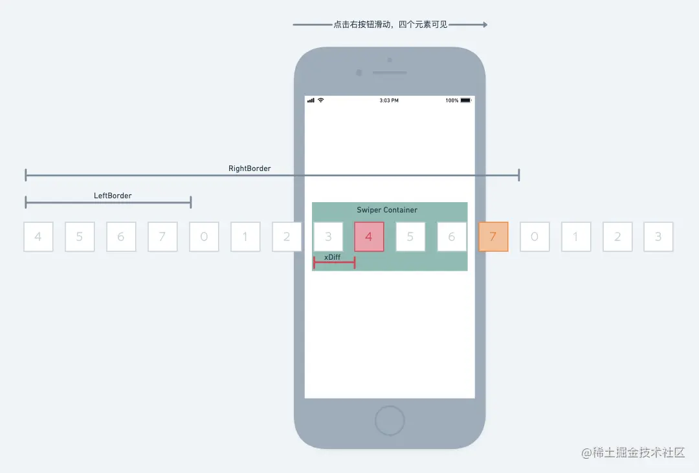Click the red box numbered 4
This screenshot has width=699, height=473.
369,236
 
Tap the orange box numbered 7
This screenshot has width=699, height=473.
493,236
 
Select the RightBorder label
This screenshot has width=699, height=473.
249,168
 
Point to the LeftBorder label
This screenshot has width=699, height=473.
113,196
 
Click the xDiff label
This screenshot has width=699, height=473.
332,257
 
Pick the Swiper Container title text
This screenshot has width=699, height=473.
387,210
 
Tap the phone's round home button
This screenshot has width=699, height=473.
390,421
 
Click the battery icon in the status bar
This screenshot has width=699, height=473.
466,100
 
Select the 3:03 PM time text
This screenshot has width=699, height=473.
389,100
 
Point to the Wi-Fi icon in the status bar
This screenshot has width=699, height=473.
320,100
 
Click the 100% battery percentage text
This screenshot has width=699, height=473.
452,100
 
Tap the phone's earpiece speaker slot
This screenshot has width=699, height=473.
390,73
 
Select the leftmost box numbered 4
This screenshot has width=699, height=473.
38,236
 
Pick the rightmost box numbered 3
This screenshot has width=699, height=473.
658,236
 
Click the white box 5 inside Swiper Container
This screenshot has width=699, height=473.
410,236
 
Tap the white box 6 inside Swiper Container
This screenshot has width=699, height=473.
452,236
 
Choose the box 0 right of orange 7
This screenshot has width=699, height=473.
535,236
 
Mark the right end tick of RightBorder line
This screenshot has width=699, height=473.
518,175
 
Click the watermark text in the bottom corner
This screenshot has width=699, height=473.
632,453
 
